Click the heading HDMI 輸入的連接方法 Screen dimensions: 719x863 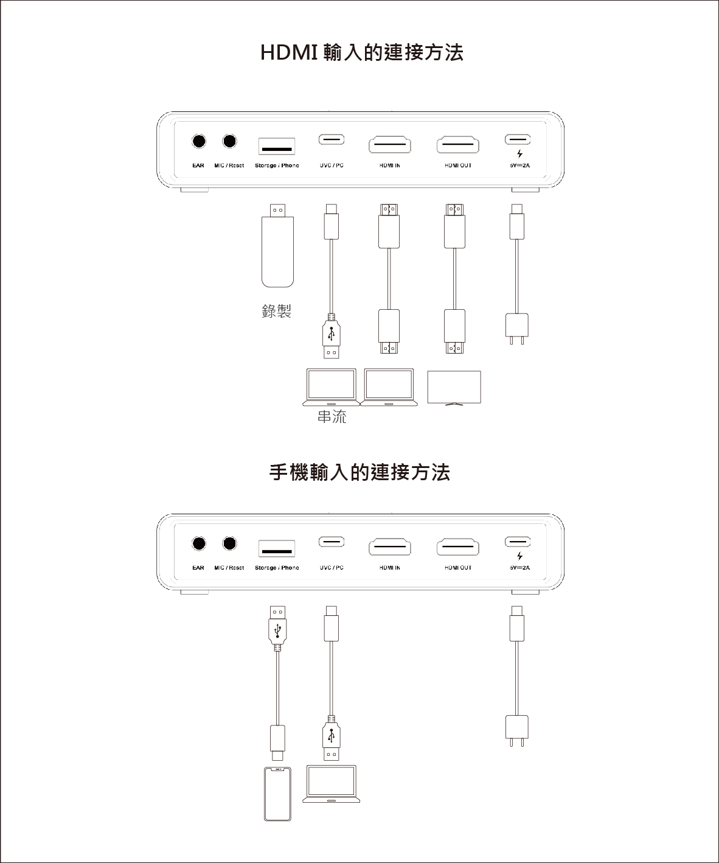(361, 52)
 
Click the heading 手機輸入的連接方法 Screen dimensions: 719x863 (359, 472)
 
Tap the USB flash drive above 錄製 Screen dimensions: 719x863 (277, 245)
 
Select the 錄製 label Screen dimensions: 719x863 (276, 311)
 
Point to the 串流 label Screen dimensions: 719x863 (332, 417)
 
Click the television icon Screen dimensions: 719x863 (454, 388)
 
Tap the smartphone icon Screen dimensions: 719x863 (277, 794)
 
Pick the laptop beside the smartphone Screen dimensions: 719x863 (331, 784)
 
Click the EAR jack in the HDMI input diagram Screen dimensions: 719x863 (199, 141)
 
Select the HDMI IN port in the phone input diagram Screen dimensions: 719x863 (390, 547)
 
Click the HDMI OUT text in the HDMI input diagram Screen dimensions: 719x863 (458, 166)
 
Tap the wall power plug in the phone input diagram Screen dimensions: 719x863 (517, 731)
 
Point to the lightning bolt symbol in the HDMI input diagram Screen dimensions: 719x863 (520, 154)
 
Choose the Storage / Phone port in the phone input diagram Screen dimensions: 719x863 (277, 548)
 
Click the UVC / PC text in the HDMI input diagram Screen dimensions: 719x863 (332, 166)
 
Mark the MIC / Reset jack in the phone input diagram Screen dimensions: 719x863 (229, 543)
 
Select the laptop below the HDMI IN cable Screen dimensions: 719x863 (389, 387)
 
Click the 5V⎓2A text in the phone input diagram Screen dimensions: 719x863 (519, 567)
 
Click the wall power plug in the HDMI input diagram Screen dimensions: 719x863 (517, 329)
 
